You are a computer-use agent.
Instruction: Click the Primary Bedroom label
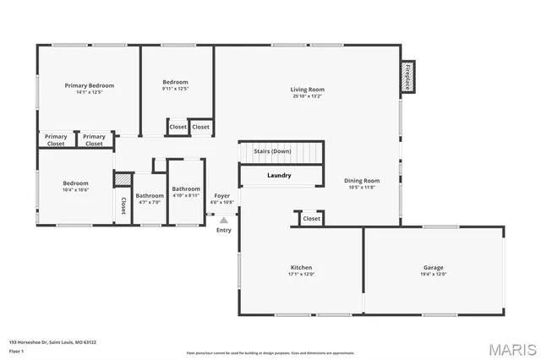coord(90,85)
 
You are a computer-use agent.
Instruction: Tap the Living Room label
coord(308,90)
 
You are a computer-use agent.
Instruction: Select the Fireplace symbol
coord(407,77)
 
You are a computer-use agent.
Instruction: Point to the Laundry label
coord(279,176)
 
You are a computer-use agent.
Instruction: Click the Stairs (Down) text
coord(279,151)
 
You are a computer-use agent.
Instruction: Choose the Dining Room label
coord(361,180)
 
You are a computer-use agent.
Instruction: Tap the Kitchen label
coord(300,268)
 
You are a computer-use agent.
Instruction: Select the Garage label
coord(434,268)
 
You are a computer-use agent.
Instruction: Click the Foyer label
coord(221,196)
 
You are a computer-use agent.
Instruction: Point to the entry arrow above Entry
coord(223,220)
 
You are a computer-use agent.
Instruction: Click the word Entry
coord(223,230)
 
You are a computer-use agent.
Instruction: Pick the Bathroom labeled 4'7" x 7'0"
coord(150,196)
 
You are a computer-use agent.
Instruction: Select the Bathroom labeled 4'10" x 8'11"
coord(186,188)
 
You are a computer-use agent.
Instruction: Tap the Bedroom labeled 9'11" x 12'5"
coord(175,82)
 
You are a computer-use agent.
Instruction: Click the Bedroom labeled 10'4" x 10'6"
coord(75,183)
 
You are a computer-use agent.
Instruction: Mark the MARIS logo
coord(505,348)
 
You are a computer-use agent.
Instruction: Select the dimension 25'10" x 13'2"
coord(308,96)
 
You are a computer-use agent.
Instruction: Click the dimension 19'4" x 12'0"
coord(434,275)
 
